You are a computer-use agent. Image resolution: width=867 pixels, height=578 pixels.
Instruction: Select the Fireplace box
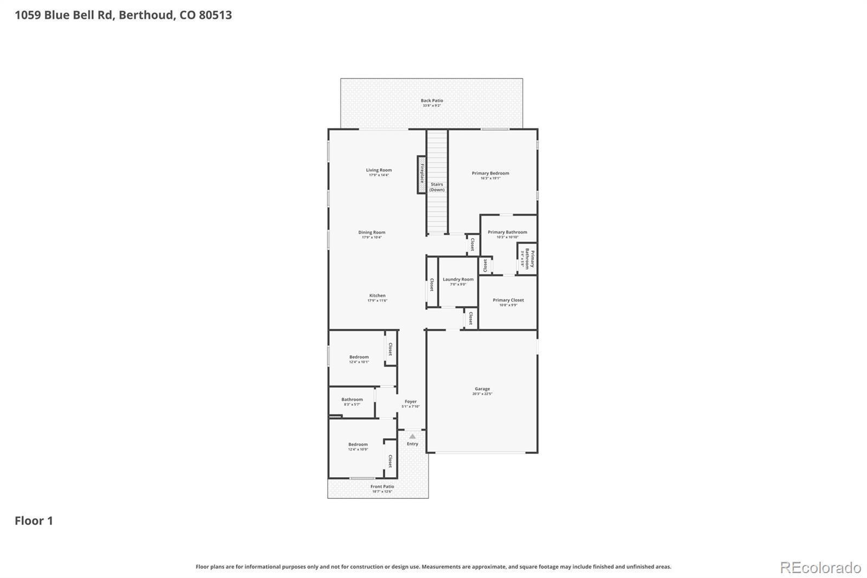[422, 175]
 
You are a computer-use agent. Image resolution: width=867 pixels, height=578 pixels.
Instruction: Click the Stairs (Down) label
[437, 187]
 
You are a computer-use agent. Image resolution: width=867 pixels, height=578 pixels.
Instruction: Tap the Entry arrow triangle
[412, 436]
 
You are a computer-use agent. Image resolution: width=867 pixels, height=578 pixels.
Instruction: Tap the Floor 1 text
[34, 521]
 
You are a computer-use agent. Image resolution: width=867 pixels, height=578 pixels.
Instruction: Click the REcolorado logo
[820, 568]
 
